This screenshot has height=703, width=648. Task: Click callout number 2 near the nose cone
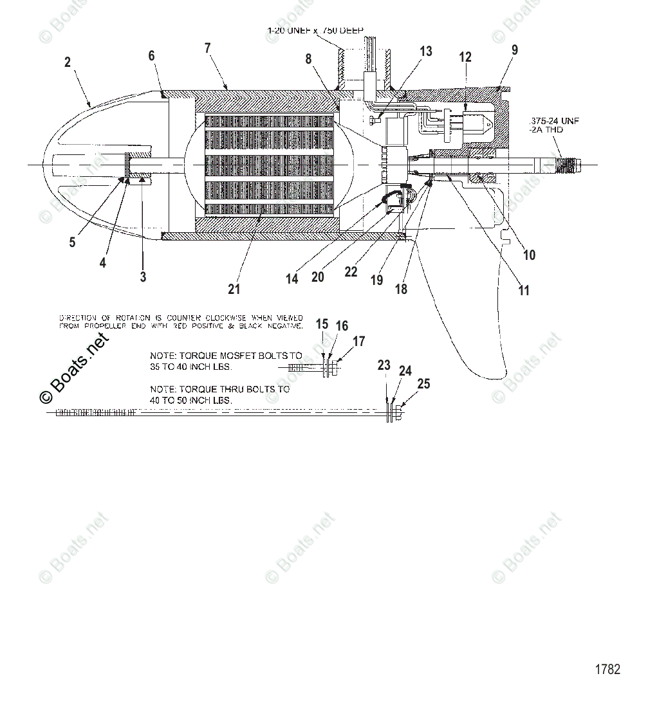click(68, 63)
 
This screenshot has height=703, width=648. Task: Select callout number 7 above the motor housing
click(207, 48)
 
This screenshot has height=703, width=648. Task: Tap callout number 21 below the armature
click(234, 289)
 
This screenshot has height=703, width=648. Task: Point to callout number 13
click(426, 51)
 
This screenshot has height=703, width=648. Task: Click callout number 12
click(465, 57)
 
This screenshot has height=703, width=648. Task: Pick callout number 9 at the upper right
click(514, 50)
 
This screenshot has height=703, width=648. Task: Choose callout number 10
click(529, 255)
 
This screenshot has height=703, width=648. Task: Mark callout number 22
click(350, 272)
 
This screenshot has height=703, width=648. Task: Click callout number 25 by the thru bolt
click(423, 384)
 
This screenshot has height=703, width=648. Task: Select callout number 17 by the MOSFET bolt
click(358, 342)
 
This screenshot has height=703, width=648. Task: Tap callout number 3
click(143, 277)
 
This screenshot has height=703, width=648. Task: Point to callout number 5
click(72, 242)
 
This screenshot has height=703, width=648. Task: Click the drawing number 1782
click(607, 670)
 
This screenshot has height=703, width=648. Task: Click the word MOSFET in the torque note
click(248, 355)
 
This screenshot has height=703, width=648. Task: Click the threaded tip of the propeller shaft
click(566, 165)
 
